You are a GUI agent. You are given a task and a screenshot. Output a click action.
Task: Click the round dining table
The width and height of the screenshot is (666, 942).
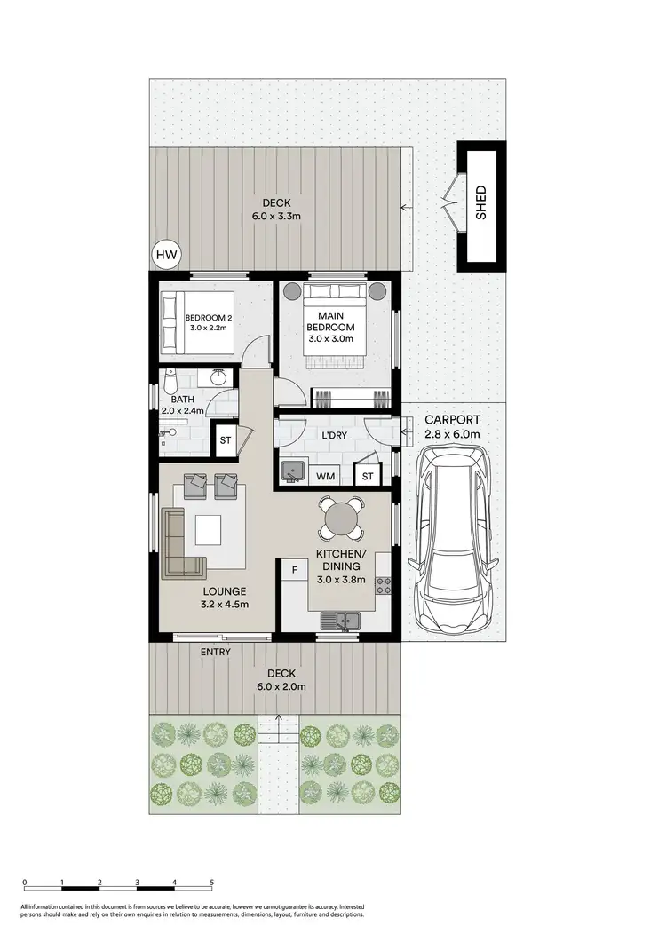pyautogui.click(x=340, y=518)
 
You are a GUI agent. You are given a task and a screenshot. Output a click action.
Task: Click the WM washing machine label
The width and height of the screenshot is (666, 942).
pyautogui.click(x=326, y=477)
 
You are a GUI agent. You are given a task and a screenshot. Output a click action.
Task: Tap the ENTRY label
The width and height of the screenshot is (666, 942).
pyautogui.click(x=216, y=653)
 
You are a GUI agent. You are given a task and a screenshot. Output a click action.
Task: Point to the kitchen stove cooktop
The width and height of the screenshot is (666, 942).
pyautogui.click(x=385, y=585)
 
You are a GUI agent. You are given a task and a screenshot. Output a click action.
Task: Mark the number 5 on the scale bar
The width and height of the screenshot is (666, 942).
pyautogui.click(x=212, y=883)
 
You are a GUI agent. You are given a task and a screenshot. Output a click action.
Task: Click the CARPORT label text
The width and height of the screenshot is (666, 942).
pyautogui.click(x=452, y=420)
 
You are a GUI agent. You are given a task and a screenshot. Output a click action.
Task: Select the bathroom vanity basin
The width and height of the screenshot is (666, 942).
pyautogui.click(x=218, y=379)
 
